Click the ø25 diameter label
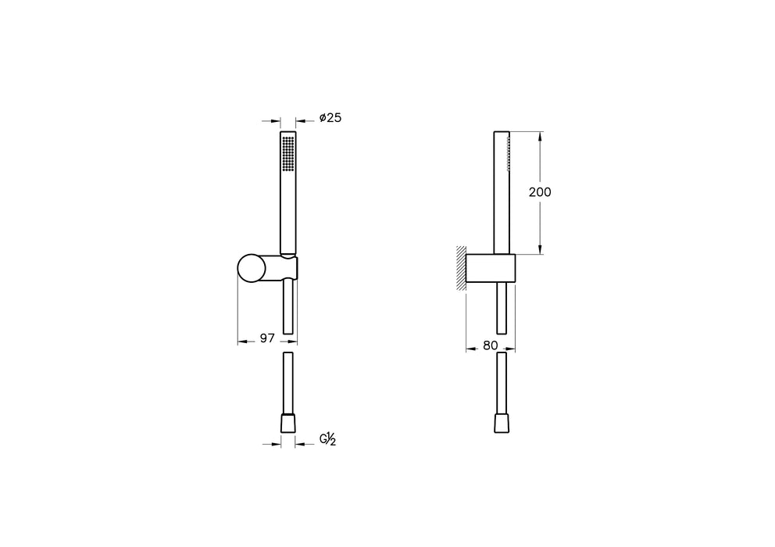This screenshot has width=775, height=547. (330, 119)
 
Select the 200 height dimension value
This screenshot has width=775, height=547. (539, 192)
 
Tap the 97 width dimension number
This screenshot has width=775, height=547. (267, 338)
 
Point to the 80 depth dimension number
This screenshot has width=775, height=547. (490, 345)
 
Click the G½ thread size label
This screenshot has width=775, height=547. (327, 441)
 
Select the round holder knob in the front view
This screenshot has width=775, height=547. (252, 268)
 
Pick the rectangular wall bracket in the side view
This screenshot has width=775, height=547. (491, 268)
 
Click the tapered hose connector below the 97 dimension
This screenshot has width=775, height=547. (288, 423)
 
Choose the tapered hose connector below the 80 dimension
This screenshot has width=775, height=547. (502, 423)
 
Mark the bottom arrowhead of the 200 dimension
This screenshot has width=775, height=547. (540, 249)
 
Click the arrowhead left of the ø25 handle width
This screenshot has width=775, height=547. (276, 120)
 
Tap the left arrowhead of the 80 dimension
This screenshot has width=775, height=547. (470, 349)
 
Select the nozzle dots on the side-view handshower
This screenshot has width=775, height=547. (509, 152)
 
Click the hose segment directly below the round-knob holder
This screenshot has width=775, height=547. (288, 308)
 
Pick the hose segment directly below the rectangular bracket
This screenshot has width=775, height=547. (502, 308)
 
